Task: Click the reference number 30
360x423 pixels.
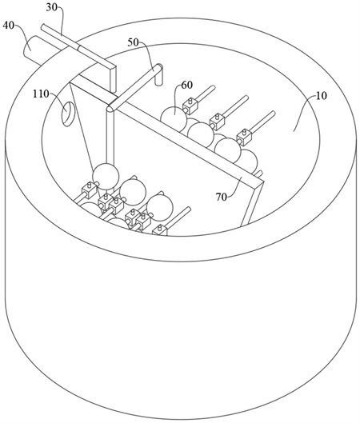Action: pyautogui.click(x=52, y=7)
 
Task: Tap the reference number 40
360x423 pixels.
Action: pyautogui.click(x=8, y=26)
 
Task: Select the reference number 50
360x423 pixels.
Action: pyautogui.click(x=134, y=42)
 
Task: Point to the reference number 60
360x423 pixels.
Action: pyautogui.click(x=187, y=85)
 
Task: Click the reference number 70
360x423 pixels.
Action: pyautogui.click(x=222, y=198)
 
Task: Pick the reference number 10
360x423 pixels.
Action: pyautogui.click(x=321, y=95)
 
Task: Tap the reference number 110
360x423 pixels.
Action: pyautogui.click(x=41, y=94)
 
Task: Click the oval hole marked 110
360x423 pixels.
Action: pyautogui.click(x=68, y=114)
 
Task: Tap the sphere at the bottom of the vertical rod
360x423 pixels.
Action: pyautogui.click(x=106, y=176)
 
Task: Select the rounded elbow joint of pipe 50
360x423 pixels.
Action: pyautogui.click(x=111, y=107)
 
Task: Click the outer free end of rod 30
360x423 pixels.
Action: pyautogui.click(x=44, y=26)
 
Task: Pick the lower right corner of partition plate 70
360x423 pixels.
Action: pyautogui.click(x=242, y=226)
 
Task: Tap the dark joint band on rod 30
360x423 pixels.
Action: pyautogui.click(x=79, y=48)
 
